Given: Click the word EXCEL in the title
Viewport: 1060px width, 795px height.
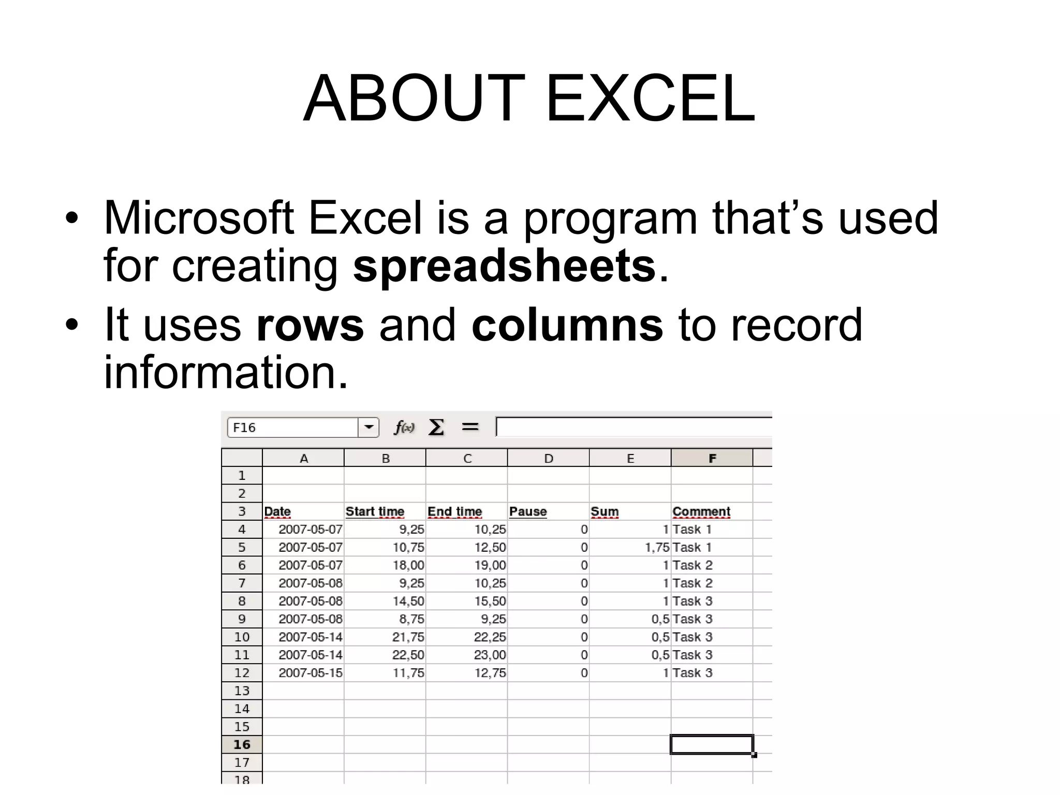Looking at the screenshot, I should pyautogui.click(x=650, y=99).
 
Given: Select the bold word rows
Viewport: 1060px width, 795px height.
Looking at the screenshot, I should pyautogui.click(x=310, y=326).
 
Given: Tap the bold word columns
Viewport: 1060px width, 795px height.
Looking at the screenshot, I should pyautogui.click(x=567, y=326).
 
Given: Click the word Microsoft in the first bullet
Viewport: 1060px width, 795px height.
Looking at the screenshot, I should pyautogui.click(x=199, y=218).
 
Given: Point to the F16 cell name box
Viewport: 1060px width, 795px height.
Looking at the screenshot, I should pyautogui.click(x=292, y=428).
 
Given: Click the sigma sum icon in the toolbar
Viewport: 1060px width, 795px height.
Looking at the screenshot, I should pyautogui.click(x=436, y=428).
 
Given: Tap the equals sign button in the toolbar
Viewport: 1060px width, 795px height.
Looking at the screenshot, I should pyautogui.click(x=470, y=427).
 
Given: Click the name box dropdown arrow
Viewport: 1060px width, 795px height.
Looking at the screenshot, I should pyautogui.click(x=369, y=428).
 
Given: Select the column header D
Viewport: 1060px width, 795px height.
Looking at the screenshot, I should pyautogui.click(x=548, y=459).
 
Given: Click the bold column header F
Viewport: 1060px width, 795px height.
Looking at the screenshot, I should pyautogui.click(x=712, y=459).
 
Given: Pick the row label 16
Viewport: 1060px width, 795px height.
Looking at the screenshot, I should pyautogui.click(x=242, y=744).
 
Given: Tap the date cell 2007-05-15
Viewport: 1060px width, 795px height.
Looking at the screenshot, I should pyautogui.click(x=310, y=673).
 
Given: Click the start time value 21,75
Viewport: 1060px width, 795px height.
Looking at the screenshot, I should pyautogui.click(x=408, y=637).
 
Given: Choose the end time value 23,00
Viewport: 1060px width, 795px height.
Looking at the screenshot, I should pyautogui.click(x=490, y=655).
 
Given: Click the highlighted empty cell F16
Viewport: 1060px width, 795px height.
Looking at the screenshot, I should pyautogui.click(x=712, y=744).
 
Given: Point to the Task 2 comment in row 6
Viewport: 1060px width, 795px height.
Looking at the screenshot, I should pyautogui.click(x=693, y=565).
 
